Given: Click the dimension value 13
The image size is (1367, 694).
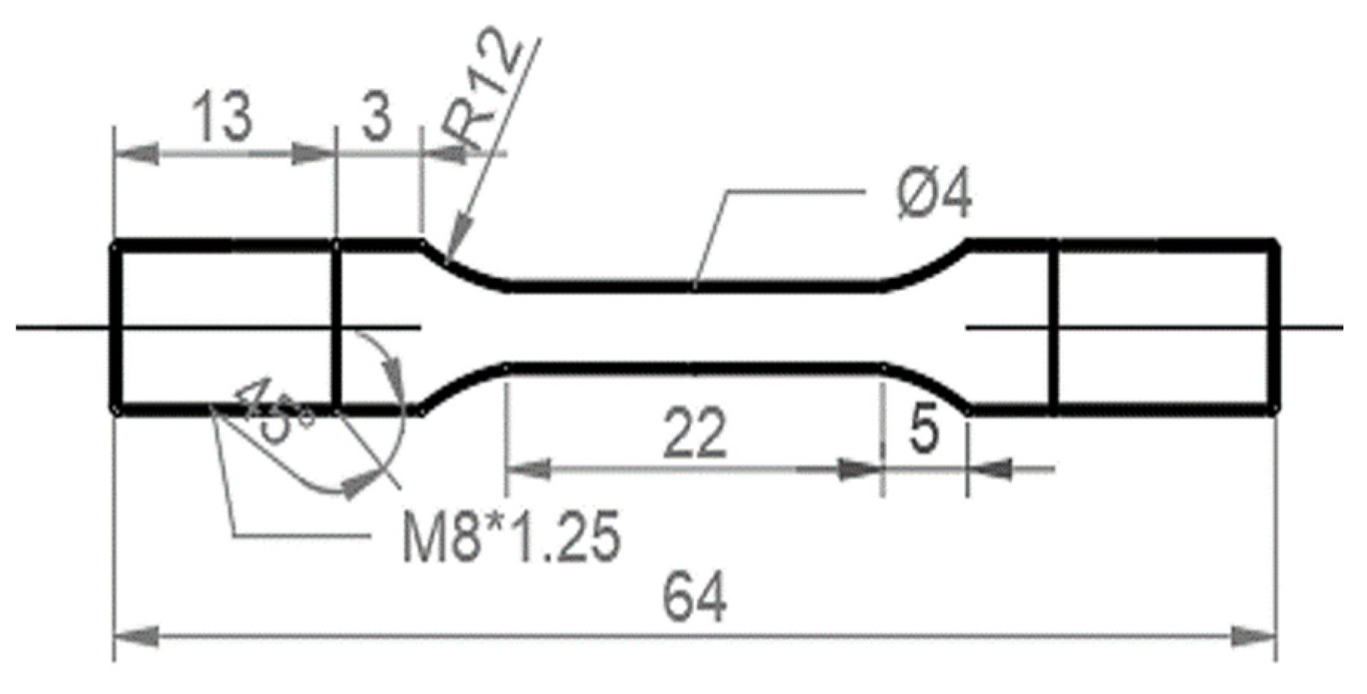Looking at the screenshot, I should [222, 118].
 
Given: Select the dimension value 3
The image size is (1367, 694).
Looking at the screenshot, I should [377, 118].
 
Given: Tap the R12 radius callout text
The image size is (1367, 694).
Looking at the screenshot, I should [484, 93].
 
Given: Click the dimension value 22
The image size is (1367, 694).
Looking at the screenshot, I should [694, 433].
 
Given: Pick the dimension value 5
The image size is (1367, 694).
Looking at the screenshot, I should [923, 429].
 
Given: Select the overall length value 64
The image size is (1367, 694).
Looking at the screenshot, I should [694, 598].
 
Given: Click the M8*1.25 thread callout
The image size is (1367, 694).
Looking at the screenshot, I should [510, 537].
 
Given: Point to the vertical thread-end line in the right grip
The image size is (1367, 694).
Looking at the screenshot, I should [1053, 327].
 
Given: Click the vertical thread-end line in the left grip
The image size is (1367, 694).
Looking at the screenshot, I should [337, 327].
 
